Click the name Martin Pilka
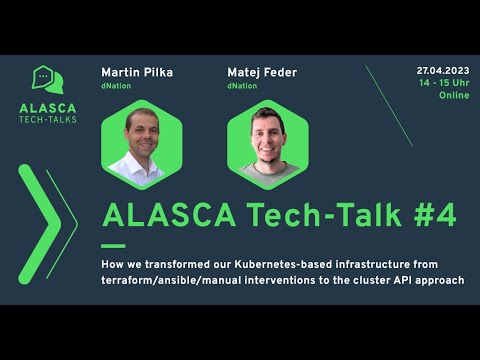(x=136, y=72)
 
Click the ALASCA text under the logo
(x=48, y=105)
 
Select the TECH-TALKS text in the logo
(x=48, y=119)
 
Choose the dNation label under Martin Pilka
(x=117, y=87)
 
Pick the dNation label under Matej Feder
(x=242, y=87)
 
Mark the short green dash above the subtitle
(x=113, y=244)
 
